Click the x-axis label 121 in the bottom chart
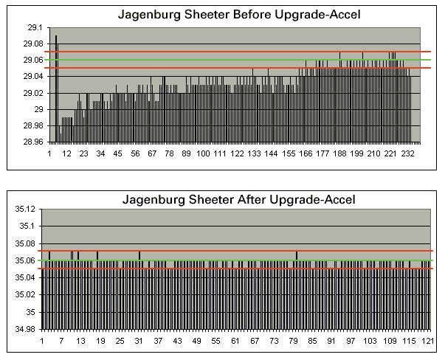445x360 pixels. pos(427,342)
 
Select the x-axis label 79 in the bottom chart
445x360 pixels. pos(293,342)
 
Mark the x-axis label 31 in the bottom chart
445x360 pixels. pos(139,342)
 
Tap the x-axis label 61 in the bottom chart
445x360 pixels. pos(235,342)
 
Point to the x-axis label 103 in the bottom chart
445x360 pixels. pos(369,342)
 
